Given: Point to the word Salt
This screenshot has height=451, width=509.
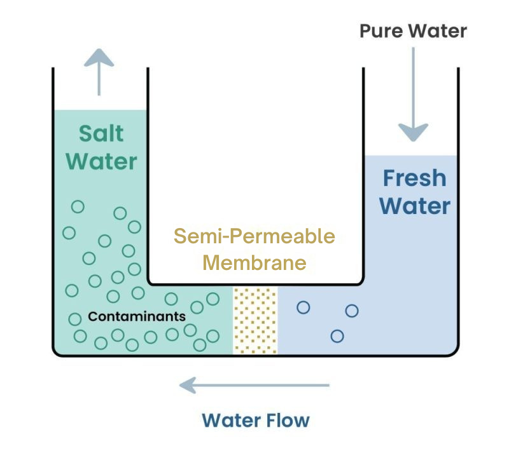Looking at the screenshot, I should point(101,134).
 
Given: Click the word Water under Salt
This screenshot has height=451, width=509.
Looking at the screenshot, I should point(101,161).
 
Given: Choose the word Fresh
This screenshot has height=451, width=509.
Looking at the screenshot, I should point(414,178).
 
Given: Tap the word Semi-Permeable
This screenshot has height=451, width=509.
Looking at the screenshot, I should point(254,236).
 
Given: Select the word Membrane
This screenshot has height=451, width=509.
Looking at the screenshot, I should point(254,262).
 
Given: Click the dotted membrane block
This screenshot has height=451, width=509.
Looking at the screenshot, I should point(255,320).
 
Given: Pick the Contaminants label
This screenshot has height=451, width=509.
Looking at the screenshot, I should point(137,316).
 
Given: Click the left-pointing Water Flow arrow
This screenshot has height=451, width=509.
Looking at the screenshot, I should point(254,384).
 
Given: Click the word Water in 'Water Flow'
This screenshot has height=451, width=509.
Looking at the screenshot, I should point(230,420).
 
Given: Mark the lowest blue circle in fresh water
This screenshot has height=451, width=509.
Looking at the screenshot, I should point(337,335).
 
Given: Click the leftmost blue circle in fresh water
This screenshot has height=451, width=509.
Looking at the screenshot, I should point(303,307).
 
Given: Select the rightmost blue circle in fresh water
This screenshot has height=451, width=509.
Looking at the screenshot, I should point(352,311).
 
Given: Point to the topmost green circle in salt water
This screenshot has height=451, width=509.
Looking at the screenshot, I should point(78,206).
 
